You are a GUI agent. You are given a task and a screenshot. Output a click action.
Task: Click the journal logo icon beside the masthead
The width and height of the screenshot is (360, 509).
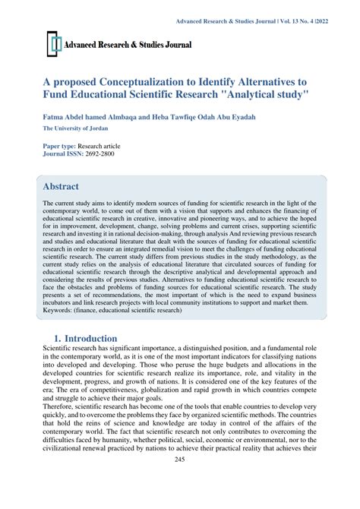53,45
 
